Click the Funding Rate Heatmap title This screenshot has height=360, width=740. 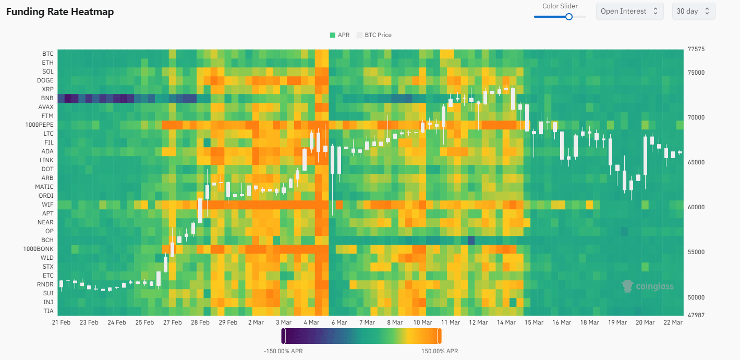point(60,11)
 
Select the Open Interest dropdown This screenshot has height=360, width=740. point(629,11)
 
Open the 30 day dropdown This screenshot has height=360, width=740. point(693,11)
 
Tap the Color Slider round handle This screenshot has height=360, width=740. point(569,16)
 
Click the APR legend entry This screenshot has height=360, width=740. point(339,35)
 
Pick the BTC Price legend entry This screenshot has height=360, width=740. point(374,35)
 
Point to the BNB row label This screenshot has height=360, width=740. point(47,98)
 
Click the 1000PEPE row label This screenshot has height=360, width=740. point(39,125)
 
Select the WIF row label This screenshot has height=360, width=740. point(48,205)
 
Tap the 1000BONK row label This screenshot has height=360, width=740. point(38,249)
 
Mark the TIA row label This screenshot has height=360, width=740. point(48,311)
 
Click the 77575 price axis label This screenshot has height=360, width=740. point(696,50)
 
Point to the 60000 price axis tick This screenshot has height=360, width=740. point(696,207)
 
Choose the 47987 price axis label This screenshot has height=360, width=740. point(696,315)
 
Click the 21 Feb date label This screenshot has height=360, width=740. point(61,322)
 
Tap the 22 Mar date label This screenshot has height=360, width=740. point(673,322)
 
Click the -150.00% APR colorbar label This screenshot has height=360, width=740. point(283,351)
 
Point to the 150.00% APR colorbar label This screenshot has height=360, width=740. point(440,351)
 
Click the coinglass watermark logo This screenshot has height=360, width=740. point(648,286)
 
